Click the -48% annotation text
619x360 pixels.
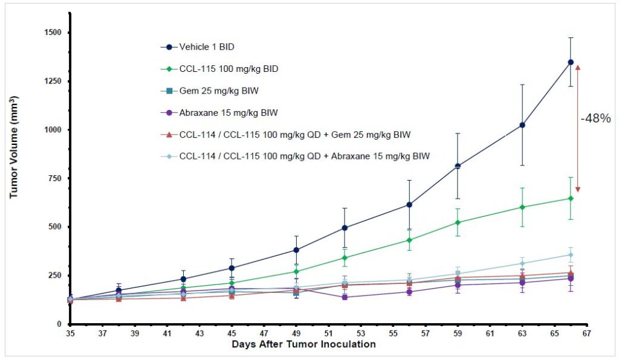596,119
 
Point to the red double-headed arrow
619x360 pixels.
578,128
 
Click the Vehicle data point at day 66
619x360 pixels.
570,62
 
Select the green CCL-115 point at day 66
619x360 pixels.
570,198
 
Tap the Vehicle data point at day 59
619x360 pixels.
458,166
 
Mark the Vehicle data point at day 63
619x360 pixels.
522,125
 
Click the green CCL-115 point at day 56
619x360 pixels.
409,240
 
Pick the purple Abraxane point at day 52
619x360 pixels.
345,297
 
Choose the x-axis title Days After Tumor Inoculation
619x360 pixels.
303,345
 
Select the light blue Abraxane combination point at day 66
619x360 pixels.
570,255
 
